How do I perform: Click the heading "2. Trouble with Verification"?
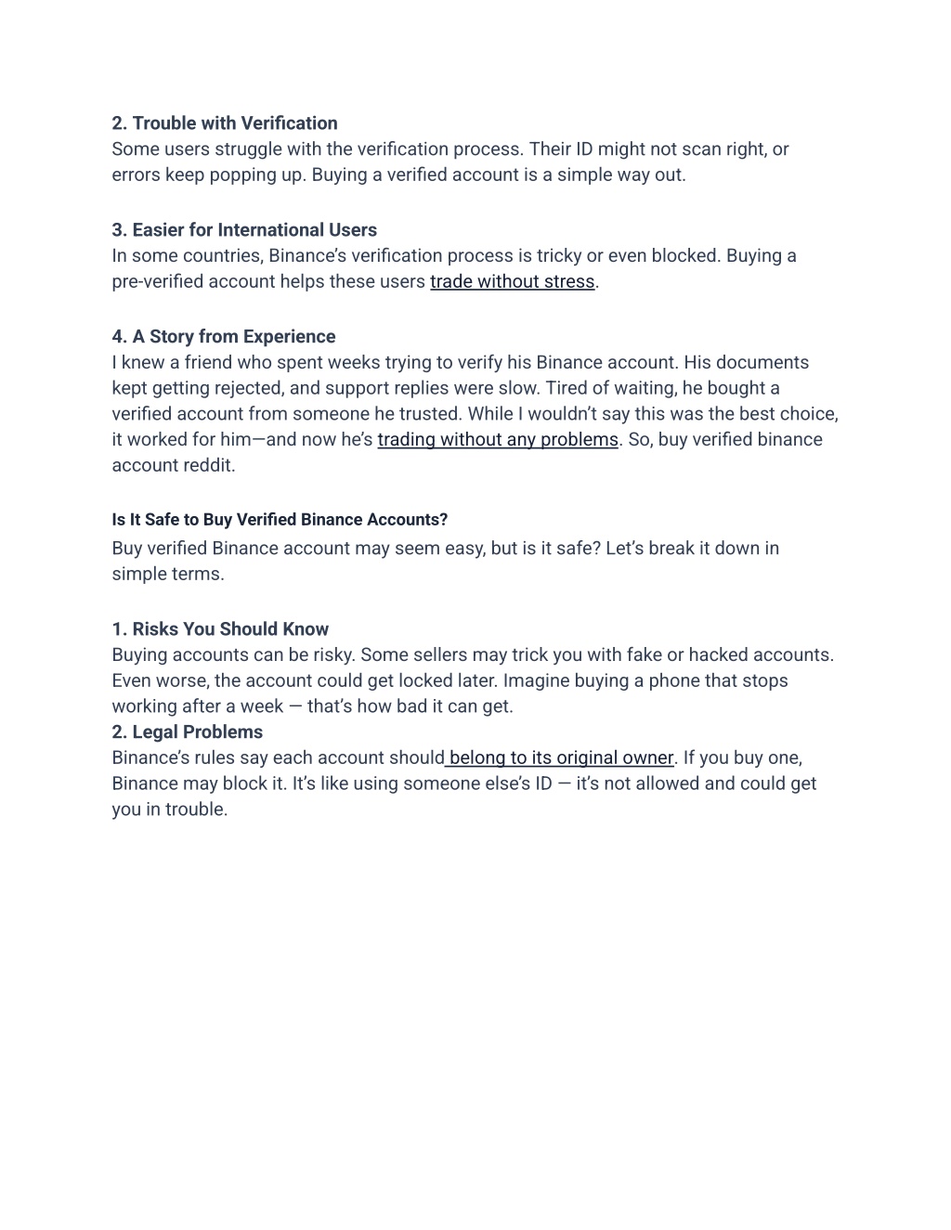[224, 123]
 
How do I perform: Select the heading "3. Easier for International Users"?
[244, 230]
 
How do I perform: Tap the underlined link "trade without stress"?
[512, 281]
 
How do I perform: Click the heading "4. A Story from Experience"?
[223, 337]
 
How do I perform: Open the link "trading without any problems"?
[497, 439]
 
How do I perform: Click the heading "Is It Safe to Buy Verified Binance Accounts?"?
[280, 520]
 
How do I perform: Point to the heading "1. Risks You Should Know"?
[220, 629]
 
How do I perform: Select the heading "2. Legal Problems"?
[187, 732]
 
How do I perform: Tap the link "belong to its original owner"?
[560, 757]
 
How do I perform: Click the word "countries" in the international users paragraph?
[217, 256]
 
